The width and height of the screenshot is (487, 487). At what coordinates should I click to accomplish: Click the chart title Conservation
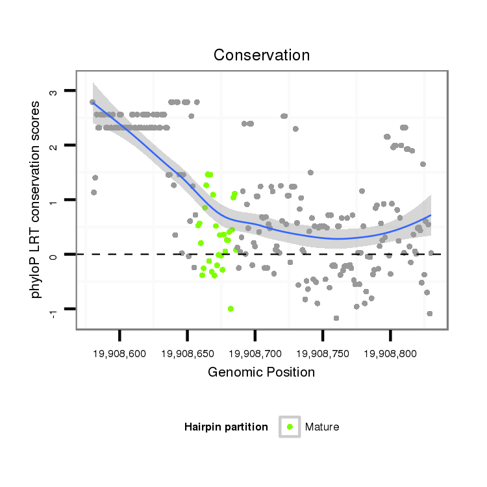coord(262,55)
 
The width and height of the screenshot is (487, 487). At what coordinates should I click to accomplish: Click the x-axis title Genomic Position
coord(262,372)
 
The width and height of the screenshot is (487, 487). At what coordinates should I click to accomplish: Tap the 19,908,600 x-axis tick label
coord(120,353)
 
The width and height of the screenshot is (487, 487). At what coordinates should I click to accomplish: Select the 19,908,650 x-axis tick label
coord(188,353)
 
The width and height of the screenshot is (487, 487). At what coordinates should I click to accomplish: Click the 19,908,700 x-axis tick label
coord(255,353)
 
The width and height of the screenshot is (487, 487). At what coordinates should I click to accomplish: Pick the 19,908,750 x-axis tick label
coord(323,353)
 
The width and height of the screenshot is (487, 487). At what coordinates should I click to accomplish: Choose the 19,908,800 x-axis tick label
coord(390,353)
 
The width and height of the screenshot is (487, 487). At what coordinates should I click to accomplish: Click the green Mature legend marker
coord(290,427)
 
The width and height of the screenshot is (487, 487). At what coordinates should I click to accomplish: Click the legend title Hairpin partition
coord(226,427)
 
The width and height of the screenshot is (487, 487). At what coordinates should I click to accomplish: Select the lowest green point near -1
coord(231,308)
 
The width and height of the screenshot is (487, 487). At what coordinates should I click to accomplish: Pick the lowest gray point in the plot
coord(336,318)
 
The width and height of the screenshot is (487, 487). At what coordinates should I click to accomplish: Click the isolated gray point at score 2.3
coord(295,129)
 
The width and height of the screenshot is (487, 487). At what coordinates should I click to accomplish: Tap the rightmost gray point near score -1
coord(430,314)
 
